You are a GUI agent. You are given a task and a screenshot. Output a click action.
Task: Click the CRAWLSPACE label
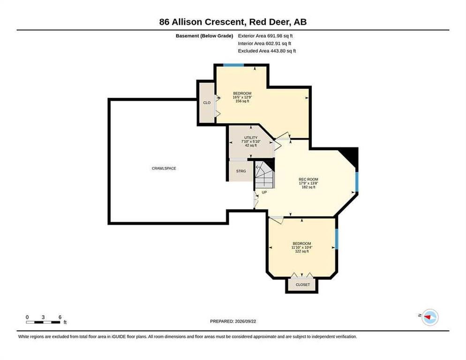click(x=164, y=168)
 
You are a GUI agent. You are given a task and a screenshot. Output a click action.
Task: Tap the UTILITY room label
click(x=250, y=138)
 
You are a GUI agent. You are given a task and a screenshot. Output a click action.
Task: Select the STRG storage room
click(x=241, y=171)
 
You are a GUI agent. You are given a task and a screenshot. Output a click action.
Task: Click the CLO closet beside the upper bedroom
click(x=207, y=103)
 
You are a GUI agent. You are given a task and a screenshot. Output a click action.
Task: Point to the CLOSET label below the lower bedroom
click(x=302, y=285)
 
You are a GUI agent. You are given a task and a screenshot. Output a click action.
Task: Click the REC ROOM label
click(x=308, y=179)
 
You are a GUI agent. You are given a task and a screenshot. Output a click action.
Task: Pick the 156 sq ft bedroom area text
click(x=242, y=101)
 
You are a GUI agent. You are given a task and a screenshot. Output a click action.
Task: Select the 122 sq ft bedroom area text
click(x=301, y=251)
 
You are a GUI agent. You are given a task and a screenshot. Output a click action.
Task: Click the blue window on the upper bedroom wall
click(x=233, y=65)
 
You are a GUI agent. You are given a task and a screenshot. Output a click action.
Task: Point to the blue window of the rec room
click(x=357, y=182)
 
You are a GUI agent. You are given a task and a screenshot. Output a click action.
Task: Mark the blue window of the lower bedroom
click(x=337, y=239)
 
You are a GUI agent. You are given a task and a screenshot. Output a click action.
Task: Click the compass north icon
click(x=430, y=317)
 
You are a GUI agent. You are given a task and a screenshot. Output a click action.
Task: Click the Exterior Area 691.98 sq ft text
click(x=265, y=36)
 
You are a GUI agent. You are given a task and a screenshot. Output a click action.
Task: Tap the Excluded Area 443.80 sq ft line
click(x=267, y=51)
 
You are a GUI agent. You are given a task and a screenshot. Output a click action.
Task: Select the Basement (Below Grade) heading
click(x=204, y=36)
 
